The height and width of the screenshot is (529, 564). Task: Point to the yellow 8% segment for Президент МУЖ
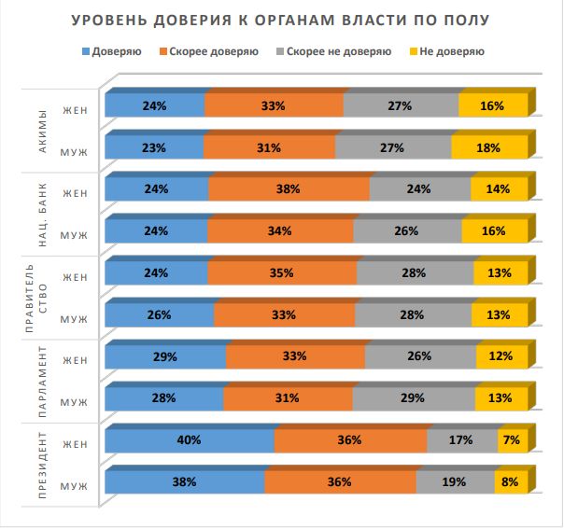509,482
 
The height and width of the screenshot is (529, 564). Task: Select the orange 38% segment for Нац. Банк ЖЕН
288,189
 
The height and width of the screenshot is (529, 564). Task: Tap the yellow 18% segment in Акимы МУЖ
487,147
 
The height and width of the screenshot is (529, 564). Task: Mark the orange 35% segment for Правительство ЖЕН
281,273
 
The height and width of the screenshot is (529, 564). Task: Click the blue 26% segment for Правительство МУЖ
159,315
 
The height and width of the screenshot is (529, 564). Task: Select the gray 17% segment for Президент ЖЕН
461,440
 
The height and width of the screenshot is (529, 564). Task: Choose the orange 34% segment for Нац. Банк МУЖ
280,231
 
